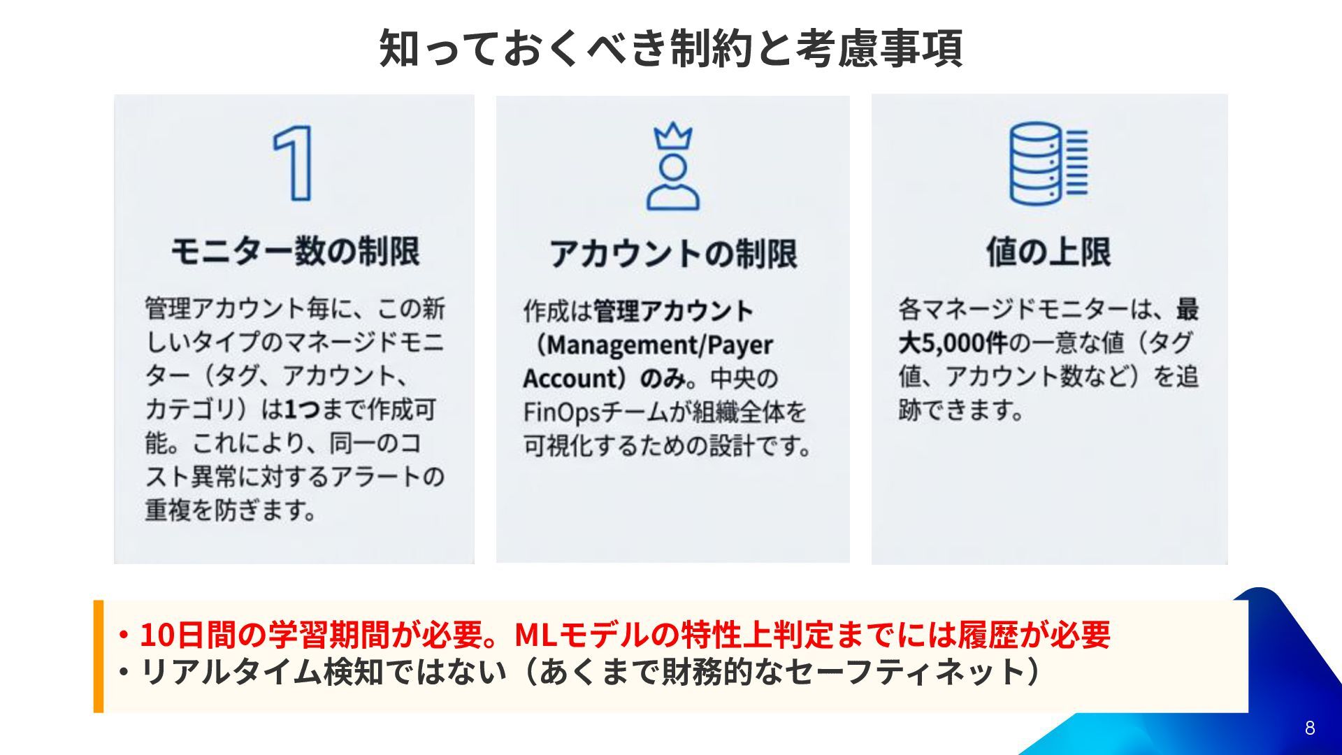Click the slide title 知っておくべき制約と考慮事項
coord(671,48)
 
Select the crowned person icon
coord(672,168)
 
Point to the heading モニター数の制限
coord(295,251)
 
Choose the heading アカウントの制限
coord(672,253)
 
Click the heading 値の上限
coord(1048,251)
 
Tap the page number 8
coord(1309,728)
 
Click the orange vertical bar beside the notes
coord(99,656)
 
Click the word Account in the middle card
coord(567,379)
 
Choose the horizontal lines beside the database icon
coord(1076,163)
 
